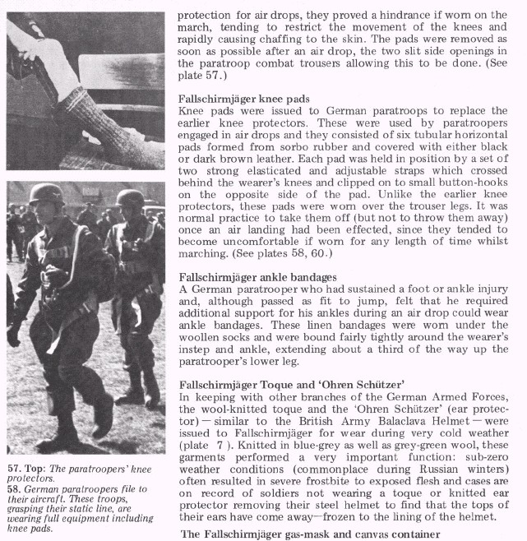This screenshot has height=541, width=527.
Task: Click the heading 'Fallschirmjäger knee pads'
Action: [243, 98]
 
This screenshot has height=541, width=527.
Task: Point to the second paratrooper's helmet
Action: [130, 198]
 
